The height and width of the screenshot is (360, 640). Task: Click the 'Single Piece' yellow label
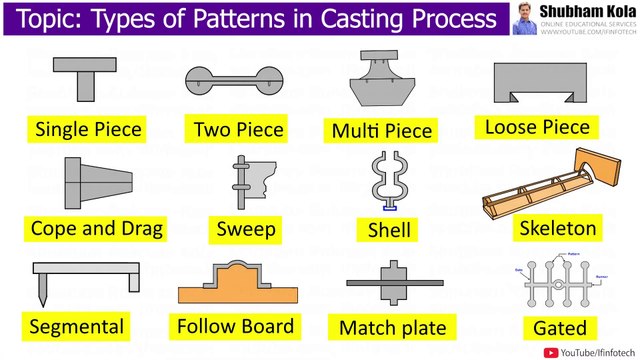pyautogui.click(x=88, y=129)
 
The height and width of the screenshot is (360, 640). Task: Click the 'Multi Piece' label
pyautogui.click(x=383, y=130)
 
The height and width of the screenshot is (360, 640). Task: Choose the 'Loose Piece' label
pyautogui.click(x=537, y=127)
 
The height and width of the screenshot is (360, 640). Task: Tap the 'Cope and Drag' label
pyautogui.click(x=98, y=228)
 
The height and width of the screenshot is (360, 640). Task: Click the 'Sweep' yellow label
pyautogui.click(x=246, y=229)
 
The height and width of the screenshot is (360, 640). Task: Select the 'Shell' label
pyautogui.click(x=386, y=230)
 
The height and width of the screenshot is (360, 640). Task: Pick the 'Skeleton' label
pyautogui.click(x=558, y=228)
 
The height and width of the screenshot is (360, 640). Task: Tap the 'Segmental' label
pyautogui.click(x=77, y=326)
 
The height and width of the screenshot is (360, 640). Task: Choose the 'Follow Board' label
pyautogui.click(x=235, y=325)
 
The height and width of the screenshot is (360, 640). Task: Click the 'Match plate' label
pyautogui.click(x=392, y=327)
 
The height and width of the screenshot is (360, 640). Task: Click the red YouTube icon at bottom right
pyautogui.click(x=550, y=351)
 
